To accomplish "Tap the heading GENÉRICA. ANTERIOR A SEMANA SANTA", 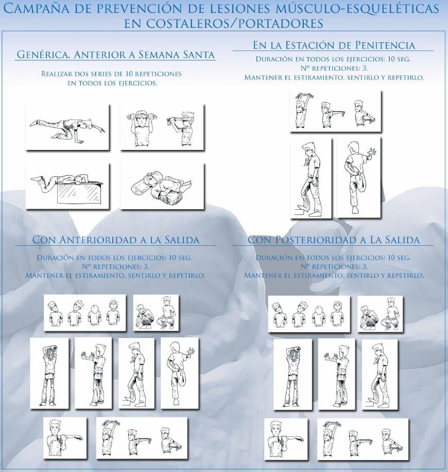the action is (115, 55).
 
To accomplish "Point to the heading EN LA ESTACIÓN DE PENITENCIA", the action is (334, 45).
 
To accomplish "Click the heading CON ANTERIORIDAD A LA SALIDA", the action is (115, 240).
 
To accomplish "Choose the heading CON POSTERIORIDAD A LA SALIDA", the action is (333, 240).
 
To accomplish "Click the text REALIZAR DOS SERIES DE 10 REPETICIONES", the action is (111, 74).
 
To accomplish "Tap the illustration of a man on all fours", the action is (67, 127).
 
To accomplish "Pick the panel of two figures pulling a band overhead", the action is (162, 127).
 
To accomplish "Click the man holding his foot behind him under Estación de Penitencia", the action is (358, 177).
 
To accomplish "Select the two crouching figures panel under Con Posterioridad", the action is (380, 314).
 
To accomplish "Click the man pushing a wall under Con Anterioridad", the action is (93, 373).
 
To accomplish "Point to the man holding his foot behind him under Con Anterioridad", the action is (180, 373).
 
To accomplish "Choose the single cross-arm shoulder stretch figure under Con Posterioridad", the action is (286, 439).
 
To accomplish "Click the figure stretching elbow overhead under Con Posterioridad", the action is (292, 375).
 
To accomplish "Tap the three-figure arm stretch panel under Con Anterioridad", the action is (142, 437).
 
